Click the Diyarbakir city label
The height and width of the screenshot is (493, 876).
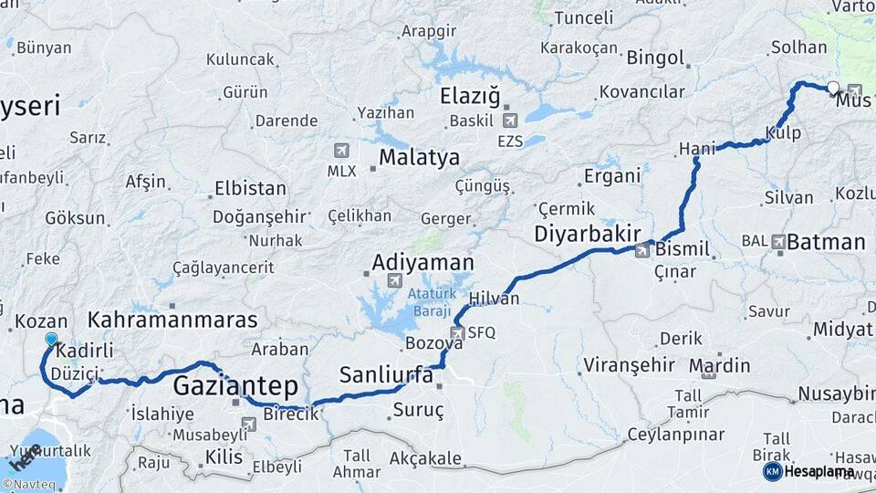click(x=587, y=234)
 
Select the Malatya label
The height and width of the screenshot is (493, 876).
click(x=419, y=157)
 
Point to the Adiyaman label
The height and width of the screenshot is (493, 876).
click(x=422, y=263)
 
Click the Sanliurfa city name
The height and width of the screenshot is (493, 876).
click(x=386, y=374)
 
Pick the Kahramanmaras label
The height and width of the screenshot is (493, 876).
click(x=172, y=320)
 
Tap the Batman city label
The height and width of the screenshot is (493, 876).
click(x=825, y=242)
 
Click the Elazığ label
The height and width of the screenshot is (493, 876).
click(x=471, y=96)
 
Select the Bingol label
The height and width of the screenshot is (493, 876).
click(x=654, y=58)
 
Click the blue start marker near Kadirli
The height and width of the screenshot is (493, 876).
click(x=51, y=339)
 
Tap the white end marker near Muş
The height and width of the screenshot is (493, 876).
click(x=833, y=88)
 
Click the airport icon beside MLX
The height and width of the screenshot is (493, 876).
click(x=341, y=150)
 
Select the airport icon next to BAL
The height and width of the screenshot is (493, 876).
click(x=778, y=242)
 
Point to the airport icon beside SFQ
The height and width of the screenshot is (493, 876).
click(x=458, y=333)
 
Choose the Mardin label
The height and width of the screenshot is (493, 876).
click(x=720, y=366)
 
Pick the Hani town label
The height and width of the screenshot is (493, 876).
click(x=694, y=148)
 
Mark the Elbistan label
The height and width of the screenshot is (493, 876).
click(x=249, y=189)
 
